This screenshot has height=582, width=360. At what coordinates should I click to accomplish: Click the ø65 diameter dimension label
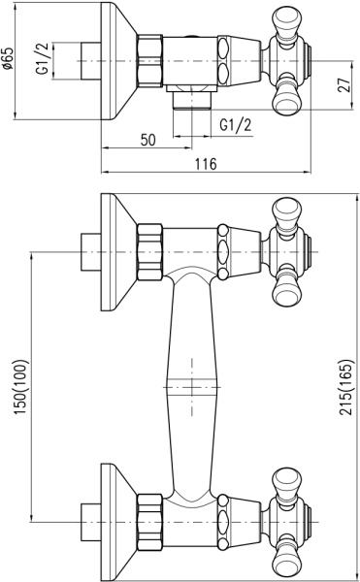click(x=8, y=58)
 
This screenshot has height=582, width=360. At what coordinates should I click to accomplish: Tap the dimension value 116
click(x=206, y=164)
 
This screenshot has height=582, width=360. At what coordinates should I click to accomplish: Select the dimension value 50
click(x=148, y=140)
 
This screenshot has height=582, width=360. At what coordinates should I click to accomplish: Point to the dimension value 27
click(x=344, y=85)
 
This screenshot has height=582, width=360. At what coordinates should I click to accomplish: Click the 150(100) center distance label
click(x=20, y=387)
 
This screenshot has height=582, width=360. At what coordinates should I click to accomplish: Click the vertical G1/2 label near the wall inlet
click(x=42, y=58)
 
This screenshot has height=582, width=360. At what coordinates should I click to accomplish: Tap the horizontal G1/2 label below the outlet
click(x=235, y=125)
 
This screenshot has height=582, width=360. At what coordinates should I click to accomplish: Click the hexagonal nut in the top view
click(x=150, y=61)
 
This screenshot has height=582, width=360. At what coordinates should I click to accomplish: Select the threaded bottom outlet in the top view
click(x=192, y=101)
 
